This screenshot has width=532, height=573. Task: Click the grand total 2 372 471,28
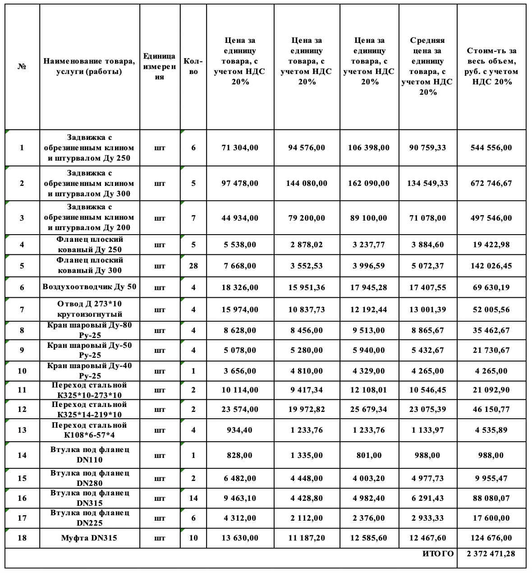[x=491, y=554]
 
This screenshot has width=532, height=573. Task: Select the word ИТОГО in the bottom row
[x=438, y=554]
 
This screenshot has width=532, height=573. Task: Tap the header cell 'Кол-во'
[x=193, y=66]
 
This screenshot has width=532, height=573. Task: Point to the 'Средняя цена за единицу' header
[x=427, y=66]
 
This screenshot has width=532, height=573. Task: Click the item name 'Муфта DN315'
[x=89, y=538]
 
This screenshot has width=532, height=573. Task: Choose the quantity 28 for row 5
[x=193, y=266]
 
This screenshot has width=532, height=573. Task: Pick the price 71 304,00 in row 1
[x=240, y=148]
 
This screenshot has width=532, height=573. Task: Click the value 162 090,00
[x=369, y=183]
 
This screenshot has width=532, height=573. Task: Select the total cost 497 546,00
[x=491, y=218]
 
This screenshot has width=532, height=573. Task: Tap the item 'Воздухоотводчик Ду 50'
[x=89, y=287]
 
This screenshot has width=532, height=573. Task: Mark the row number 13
[x=22, y=430]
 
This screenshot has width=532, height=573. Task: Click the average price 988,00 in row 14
[x=427, y=455]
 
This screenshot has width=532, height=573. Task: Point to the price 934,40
[x=240, y=430]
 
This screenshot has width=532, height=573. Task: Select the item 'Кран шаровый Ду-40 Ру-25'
[x=89, y=371]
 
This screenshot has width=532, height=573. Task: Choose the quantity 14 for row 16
[x=193, y=498]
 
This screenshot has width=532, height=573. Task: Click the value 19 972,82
[x=307, y=409]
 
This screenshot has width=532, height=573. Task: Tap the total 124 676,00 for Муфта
[x=491, y=538]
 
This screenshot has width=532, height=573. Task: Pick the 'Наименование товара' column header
[x=89, y=66]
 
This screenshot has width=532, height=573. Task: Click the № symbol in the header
[x=22, y=66]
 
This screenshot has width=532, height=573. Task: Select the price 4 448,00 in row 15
[x=307, y=478]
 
